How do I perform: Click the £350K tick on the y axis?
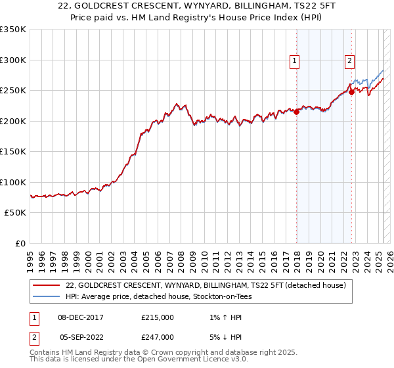point(13,30)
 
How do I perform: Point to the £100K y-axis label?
point(13,182)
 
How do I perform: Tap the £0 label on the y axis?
point(20,243)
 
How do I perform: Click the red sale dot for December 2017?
point(296,112)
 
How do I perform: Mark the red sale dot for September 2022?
point(351,93)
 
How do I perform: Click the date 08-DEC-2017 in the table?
point(81,317)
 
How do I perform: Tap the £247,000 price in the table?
point(158,336)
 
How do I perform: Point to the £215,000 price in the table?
point(158,317)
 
